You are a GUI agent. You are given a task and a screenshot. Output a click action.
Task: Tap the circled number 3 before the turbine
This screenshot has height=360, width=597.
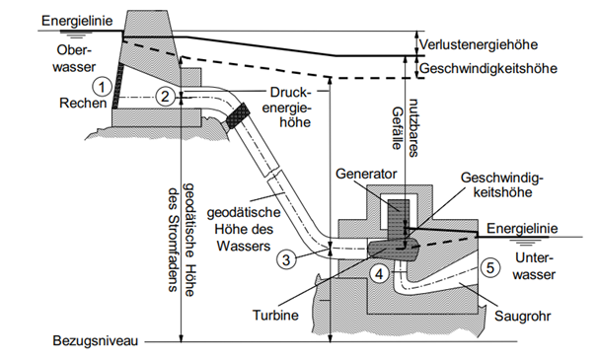click(x=284, y=260)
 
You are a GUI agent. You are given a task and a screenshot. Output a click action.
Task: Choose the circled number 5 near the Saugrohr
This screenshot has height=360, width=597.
click(x=490, y=266)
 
